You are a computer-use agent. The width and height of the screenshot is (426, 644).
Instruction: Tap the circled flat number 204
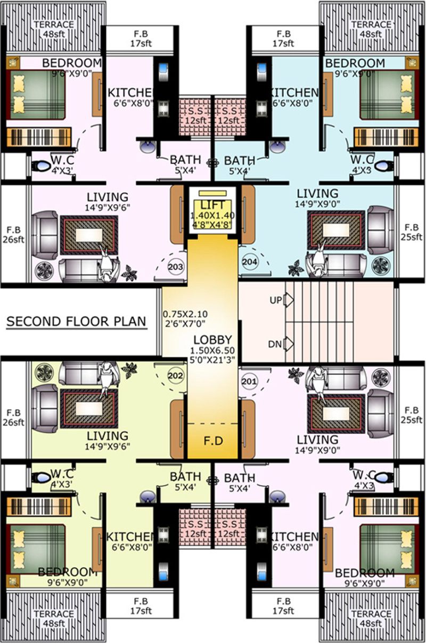pyautogui.click(x=250, y=261)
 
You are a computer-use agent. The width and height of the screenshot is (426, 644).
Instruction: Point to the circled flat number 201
pyautogui.click(x=249, y=381)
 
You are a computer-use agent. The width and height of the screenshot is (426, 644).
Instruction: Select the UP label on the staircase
pyautogui.click(x=275, y=301)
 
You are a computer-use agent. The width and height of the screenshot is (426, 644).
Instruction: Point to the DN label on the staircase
pyautogui.click(x=275, y=344)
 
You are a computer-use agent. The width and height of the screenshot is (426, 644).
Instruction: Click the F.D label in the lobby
pyautogui.click(x=212, y=442)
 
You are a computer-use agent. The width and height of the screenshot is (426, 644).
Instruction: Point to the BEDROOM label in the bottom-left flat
pyautogui.click(x=67, y=572)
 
